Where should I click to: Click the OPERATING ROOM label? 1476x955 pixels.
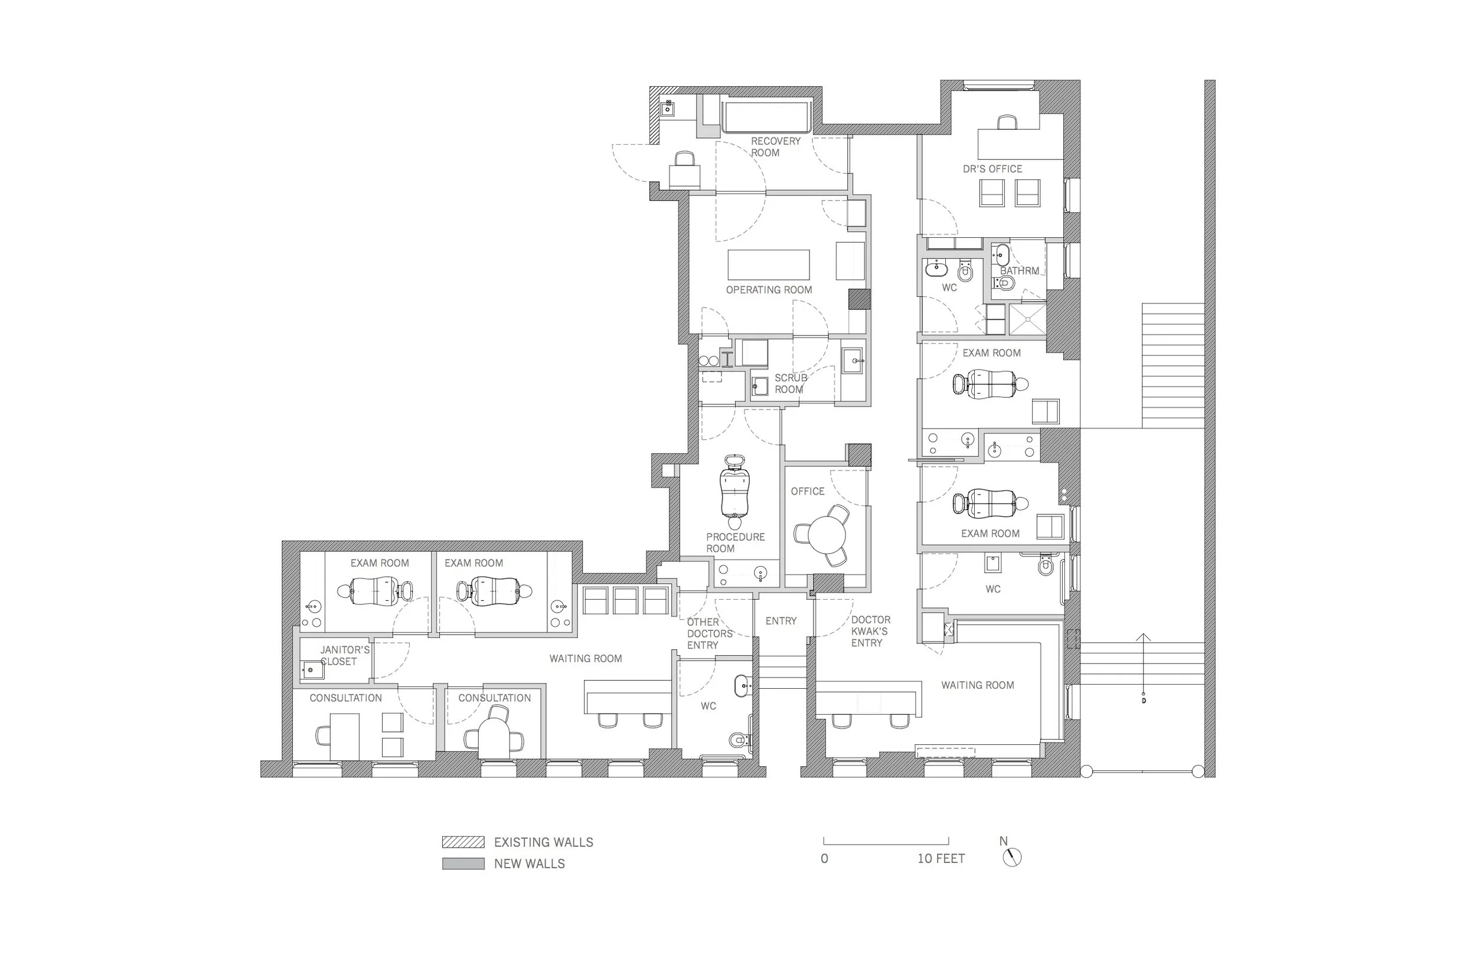coord(769,290)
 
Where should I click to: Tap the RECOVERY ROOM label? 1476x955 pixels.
coord(775,147)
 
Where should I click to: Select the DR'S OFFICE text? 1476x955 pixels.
coord(992,169)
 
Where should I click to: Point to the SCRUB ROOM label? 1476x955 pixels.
coord(791,383)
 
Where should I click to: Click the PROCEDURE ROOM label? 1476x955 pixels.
coord(736,542)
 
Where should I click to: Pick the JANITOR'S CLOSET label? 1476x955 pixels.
coord(345,656)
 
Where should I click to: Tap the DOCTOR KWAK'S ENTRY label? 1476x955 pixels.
coord(871,632)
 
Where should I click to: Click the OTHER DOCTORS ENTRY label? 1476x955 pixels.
coord(710,633)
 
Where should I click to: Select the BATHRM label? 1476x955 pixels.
coord(1020,271)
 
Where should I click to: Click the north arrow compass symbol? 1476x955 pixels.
coord(1012,858)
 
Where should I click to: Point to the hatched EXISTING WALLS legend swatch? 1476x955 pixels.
coord(463,842)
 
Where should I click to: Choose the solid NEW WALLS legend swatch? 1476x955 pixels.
coord(463,864)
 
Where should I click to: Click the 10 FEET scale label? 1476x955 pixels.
coord(942,858)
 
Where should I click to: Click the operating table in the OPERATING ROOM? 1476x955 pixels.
coord(768,265)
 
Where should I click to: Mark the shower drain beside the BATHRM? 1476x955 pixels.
coord(1028,319)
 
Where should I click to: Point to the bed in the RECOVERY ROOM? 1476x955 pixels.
coord(766,117)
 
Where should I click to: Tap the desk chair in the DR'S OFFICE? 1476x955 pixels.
coord(1007,122)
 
